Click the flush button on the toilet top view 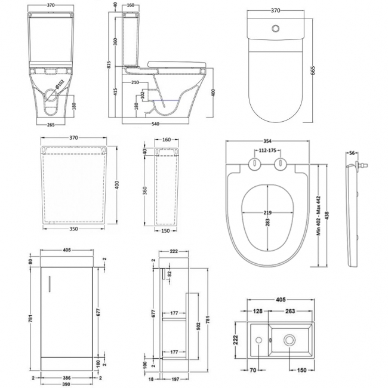point(276,27)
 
